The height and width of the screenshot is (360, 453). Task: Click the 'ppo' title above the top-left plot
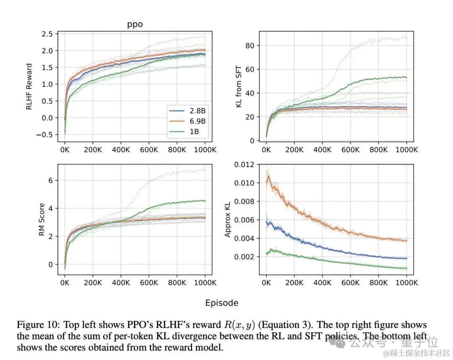point(135,24)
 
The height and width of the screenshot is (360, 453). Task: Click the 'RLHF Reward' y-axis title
point(29,86)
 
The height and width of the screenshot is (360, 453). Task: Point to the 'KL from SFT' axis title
point(239,86)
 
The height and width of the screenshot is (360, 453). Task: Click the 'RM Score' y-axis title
point(42,220)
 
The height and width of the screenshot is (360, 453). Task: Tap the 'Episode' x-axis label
point(222,303)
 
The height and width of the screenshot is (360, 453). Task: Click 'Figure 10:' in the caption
point(35,325)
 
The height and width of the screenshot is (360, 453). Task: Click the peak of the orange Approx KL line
point(269,176)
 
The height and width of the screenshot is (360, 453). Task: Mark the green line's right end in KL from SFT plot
point(406,77)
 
